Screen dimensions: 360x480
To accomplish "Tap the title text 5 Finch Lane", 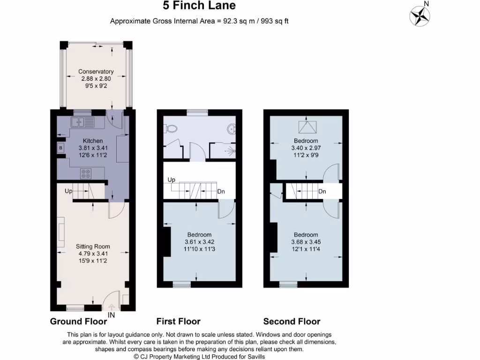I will [199, 6].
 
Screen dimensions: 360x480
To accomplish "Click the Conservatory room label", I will [96, 72].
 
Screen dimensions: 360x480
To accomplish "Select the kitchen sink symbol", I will [82, 122].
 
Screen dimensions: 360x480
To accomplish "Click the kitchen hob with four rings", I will [86, 173].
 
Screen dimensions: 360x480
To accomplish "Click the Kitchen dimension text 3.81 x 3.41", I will [92, 148].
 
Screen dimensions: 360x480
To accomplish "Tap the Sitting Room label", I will [93, 247].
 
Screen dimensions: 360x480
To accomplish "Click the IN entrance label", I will [111, 315].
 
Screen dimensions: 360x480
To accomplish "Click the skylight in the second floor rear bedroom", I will [306, 126].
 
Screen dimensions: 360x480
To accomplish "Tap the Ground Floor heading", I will [78, 322].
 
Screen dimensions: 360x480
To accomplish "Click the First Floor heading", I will [178, 322].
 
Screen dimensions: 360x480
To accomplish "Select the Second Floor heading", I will [292, 322].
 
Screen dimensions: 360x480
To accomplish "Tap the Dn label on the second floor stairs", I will [322, 192].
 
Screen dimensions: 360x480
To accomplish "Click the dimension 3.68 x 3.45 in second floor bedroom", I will [306, 242].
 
